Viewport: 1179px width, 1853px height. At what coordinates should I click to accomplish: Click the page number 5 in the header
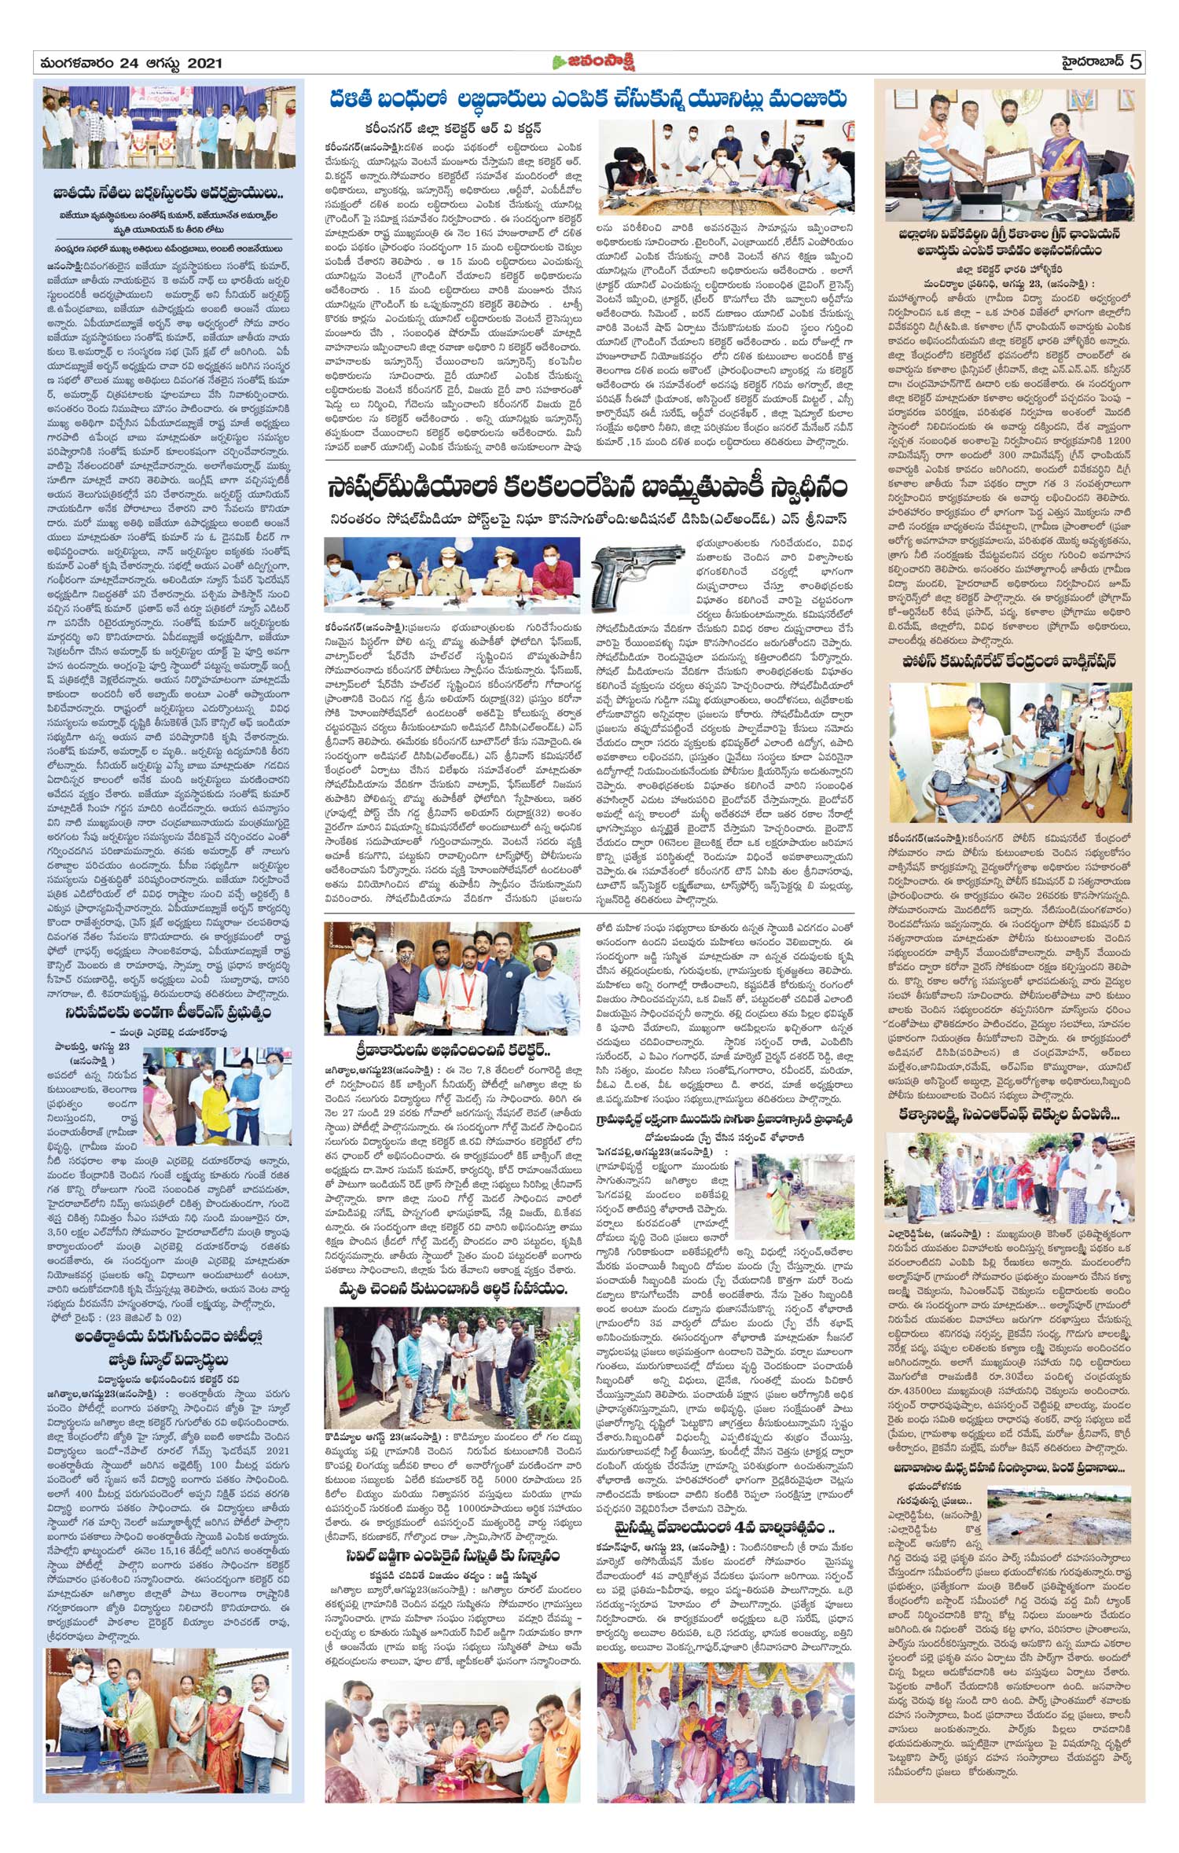tap(1136, 62)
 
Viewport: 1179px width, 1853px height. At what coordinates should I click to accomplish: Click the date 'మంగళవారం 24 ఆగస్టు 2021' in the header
tap(129, 63)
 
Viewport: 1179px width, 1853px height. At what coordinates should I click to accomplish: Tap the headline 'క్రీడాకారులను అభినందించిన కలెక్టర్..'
tap(452, 1050)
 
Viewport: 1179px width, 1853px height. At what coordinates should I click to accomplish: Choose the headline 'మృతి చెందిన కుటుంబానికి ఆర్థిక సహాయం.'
tap(452, 1289)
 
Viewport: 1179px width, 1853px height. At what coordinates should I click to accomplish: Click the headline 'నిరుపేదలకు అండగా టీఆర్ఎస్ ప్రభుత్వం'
tap(168, 1013)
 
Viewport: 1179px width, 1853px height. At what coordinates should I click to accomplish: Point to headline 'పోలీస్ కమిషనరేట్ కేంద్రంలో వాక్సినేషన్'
tap(1008, 662)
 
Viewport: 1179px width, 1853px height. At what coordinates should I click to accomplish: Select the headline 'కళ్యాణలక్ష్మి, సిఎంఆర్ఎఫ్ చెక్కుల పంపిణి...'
tap(1008, 1115)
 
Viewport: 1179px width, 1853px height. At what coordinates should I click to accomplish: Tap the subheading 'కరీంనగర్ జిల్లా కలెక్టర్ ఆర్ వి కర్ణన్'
tap(452, 128)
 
